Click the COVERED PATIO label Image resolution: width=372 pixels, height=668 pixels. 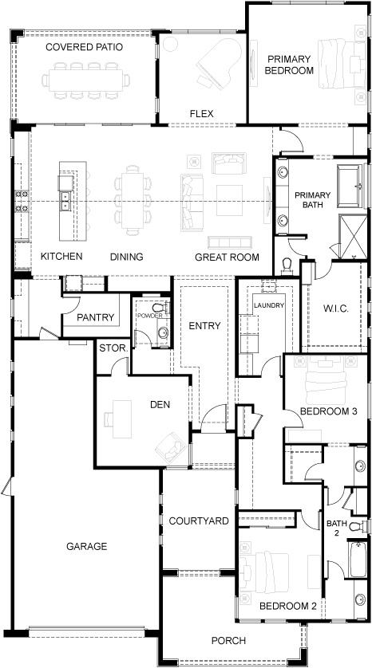coord(84,47)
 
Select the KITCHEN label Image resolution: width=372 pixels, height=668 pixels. coord(61,257)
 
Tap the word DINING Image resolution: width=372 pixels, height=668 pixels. coord(126,257)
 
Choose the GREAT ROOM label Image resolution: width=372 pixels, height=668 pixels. coord(228,257)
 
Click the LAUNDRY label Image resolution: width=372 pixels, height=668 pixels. coord(265,305)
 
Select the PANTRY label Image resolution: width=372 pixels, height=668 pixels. coord(96,317)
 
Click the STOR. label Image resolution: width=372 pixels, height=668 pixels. coord(111,348)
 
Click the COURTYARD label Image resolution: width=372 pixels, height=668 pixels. coord(199,521)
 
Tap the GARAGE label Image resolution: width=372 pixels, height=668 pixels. coord(87,546)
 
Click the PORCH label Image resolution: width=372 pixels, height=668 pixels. coord(228,640)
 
